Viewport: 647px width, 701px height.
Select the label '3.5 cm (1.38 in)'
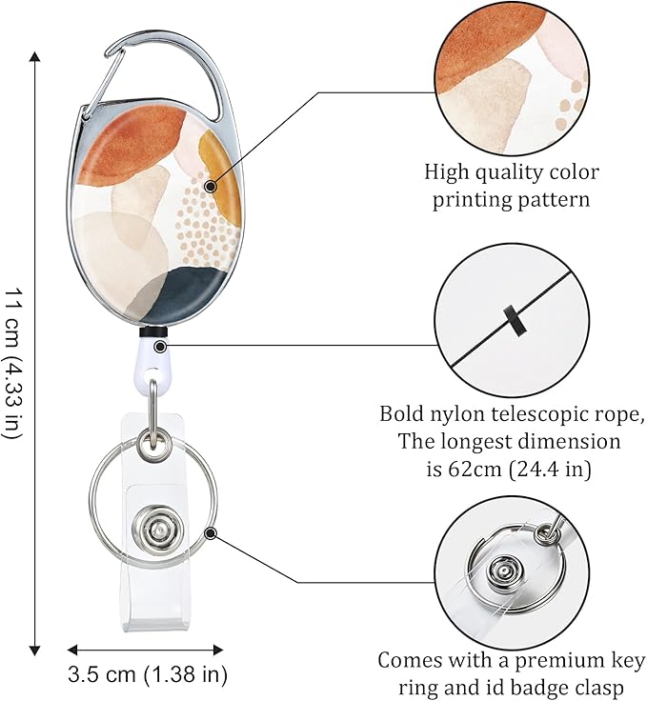[148, 676]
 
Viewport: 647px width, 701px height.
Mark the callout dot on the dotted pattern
[206, 183]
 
